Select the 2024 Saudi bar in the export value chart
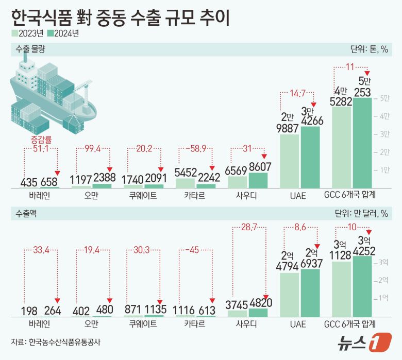point(258,312)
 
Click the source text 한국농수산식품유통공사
point(65,341)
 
